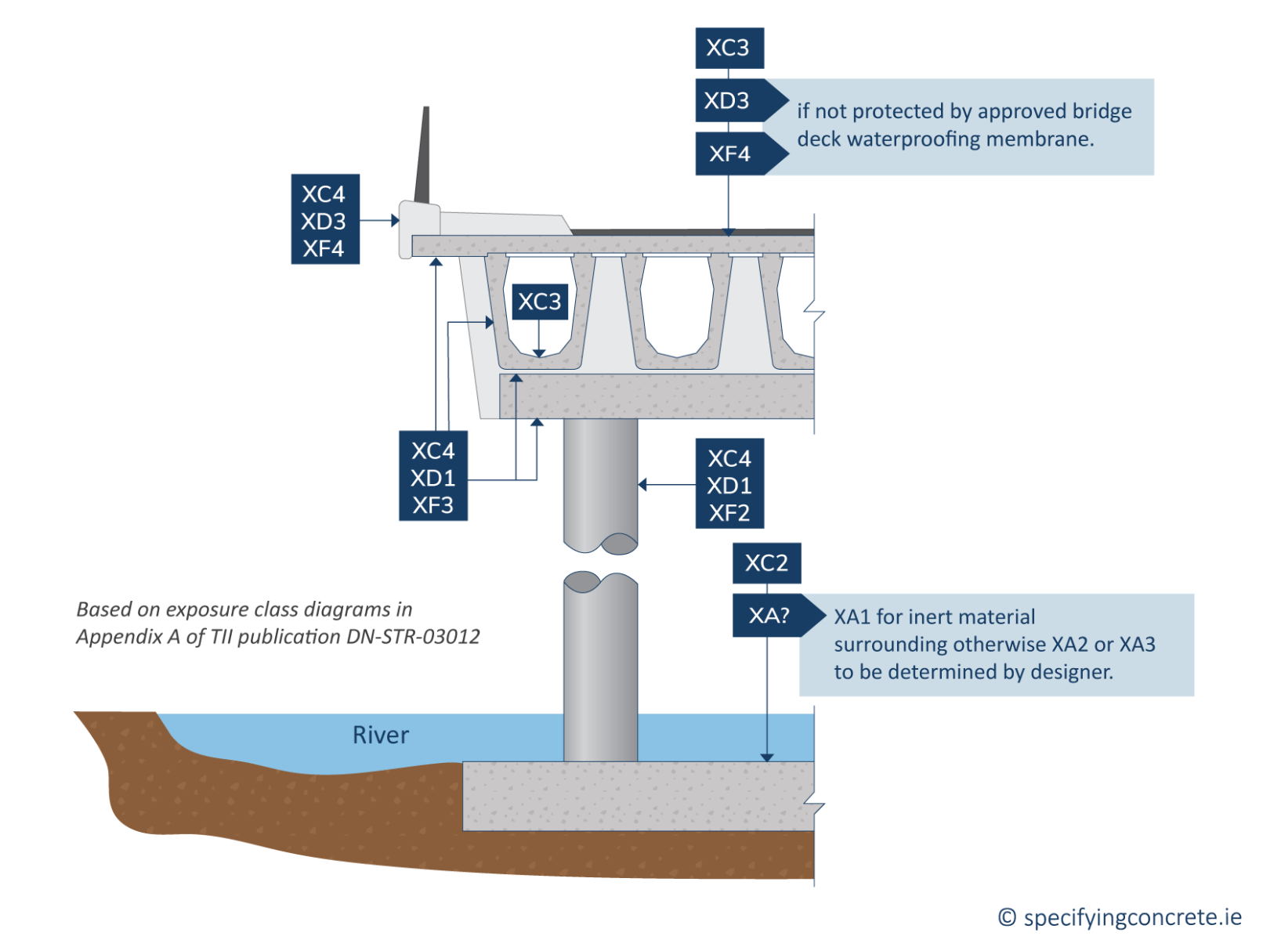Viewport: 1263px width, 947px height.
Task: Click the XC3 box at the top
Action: [729, 49]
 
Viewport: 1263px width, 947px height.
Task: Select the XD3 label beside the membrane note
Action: [728, 101]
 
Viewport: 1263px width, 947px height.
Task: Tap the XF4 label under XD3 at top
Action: [729, 154]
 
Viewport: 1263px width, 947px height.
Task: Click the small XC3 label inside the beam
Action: [540, 302]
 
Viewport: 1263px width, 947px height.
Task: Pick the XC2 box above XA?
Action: [766, 563]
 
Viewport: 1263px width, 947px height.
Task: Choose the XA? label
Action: [769, 616]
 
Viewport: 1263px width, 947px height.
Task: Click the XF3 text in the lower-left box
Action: [433, 505]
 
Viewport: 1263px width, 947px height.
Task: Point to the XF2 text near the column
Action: [729, 513]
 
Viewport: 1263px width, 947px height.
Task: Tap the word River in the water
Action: [381, 735]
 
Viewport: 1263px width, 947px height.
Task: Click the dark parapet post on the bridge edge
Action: [423, 157]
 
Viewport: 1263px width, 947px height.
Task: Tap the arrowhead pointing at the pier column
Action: [642, 485]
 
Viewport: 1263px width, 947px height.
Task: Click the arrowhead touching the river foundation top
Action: [767, 757]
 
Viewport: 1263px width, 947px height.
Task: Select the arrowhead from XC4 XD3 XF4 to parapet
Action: [396, 221]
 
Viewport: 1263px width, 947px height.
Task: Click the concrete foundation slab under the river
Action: [638, 796]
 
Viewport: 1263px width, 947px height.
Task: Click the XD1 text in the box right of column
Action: [729, 486]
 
